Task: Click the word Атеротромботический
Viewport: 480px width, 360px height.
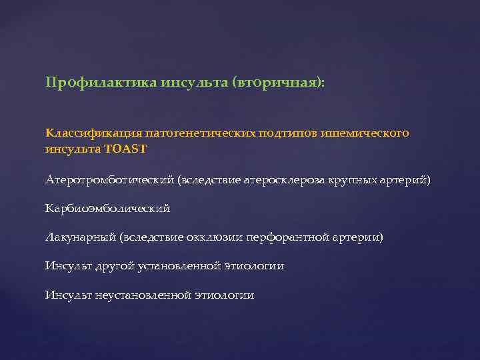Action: [110, 180]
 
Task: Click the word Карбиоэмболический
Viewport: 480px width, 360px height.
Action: [107, 209]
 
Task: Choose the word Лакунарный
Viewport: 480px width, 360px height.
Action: [81, 237]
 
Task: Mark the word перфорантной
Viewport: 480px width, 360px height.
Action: [285, 237]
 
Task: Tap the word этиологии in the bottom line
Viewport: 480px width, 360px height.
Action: [224, 295]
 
